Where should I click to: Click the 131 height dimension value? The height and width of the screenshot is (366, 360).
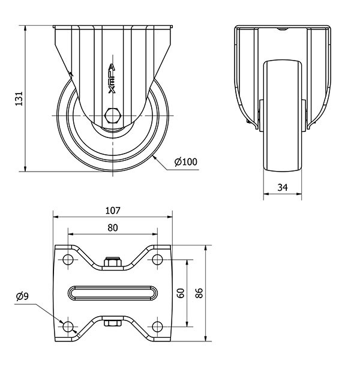click(x=19, y=98)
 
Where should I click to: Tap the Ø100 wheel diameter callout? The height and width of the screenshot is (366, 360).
click(x=186, y=161)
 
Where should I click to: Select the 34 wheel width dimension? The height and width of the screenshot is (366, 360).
click(x=283, y=187)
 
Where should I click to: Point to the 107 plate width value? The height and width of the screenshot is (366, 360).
click(x=113, y=211)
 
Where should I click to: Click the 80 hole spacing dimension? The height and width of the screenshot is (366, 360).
click(x=113, y=227)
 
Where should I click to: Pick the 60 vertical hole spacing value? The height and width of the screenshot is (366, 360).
click(x=181, y=293)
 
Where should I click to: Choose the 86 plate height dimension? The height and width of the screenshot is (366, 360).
click(x=199, y=293)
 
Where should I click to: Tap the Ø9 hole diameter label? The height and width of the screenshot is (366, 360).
click(x=22, y=296)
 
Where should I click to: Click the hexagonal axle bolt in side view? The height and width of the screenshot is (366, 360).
click(x=113, y=115)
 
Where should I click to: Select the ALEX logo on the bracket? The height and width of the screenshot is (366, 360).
click(x=112, y=79)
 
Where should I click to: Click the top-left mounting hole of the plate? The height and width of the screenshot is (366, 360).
click(x=68, y=259)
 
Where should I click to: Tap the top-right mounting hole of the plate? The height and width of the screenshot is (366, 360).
click(x=157, y=259)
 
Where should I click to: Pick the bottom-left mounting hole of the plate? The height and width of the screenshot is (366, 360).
click(x=68, y=326)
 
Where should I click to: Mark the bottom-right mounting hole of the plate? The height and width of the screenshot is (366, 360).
click(x=157, y=326)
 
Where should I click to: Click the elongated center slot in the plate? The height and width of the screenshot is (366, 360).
click(x=113, y=293)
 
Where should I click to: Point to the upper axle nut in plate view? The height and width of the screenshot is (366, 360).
click(x=113, y=262)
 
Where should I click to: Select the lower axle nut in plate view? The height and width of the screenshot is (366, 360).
click(x=113, y=323)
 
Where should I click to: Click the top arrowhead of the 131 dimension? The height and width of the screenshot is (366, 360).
click(x=25, y=28)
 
